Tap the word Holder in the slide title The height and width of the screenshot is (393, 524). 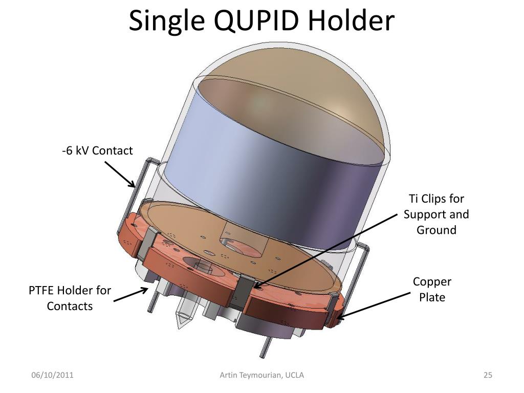351,20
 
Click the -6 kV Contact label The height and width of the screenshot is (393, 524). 97,151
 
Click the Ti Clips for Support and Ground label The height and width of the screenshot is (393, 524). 436,214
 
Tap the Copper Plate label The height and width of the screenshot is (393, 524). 432,290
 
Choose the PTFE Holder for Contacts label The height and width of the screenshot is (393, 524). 70,298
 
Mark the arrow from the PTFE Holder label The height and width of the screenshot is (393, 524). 130,294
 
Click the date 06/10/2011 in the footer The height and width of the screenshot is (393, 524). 53,375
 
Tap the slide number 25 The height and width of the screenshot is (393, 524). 488,375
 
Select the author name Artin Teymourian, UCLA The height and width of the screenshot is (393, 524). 261,375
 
